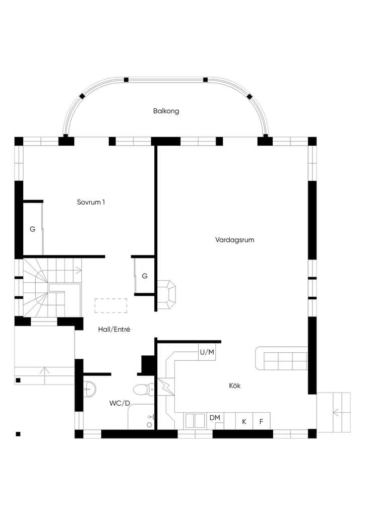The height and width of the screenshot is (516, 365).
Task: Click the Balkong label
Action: [x=166, y=111]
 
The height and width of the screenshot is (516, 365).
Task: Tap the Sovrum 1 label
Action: [x=91, y=202]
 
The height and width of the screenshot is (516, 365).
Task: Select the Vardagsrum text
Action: [x=234, y=240]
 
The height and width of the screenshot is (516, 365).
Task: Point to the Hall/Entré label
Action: [x=114, y=329]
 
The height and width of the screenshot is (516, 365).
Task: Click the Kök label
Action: [x=234, y=385]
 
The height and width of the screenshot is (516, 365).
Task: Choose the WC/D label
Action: [x=119, y=403]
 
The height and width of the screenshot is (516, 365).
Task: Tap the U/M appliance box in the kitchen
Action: [x=207, y=352]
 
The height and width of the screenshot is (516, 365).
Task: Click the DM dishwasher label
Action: [x=215, y=418]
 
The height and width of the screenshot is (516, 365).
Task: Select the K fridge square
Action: [x=244, y=421]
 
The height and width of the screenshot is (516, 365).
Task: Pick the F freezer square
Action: [x=261, y=421]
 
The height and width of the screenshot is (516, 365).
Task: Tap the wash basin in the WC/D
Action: [x=89, y=390]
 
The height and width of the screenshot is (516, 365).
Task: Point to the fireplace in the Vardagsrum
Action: [x=166, y=294]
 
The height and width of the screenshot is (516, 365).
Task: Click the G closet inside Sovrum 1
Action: [x=33, y=229]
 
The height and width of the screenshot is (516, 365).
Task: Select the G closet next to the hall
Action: [x=145, y=276]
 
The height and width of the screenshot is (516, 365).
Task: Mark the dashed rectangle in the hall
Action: [x=111, y=305]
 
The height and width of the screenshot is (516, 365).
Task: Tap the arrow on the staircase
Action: [x=77, y=271]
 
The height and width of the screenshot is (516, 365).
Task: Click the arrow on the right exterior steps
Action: [x=337, y=412]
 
